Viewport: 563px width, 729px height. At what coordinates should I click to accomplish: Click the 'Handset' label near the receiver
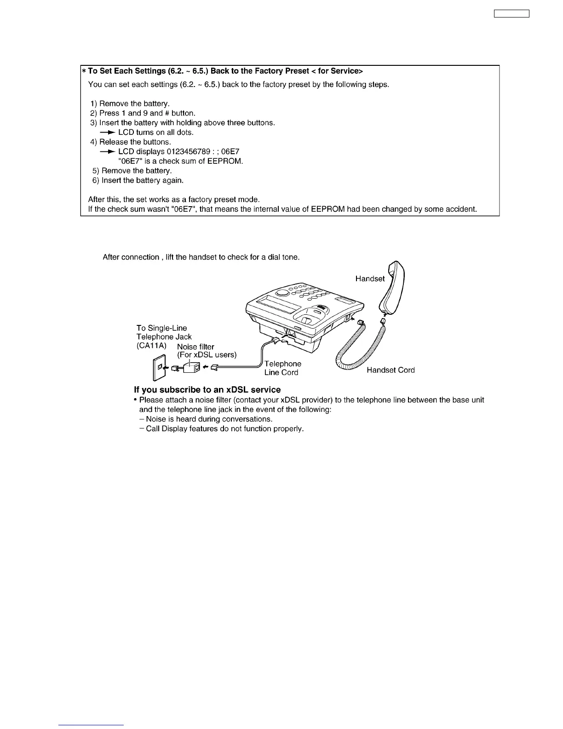pyautogui.click(x=370, y=278)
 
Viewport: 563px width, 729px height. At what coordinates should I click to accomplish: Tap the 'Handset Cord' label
pyautogui.click(x=391, y=370)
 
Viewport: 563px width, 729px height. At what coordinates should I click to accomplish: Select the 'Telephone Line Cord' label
pyautogui.click(x=282, y=368)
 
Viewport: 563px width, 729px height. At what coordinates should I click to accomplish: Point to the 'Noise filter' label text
pyautogui.click(x=195, y=347)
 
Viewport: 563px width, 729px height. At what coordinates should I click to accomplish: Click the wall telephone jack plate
pyautogui.click(x=158, y=368)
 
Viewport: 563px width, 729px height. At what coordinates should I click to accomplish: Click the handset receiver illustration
pyautogui.click(x=392, y=288)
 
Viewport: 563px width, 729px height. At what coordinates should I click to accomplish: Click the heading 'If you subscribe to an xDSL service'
pyautogui.click(x=207, y=390)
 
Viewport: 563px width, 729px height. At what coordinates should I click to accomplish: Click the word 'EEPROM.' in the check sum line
pyautogui.click(x=226, y=161)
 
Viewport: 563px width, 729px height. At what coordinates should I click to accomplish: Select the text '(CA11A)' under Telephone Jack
pyautogui.click(x=151, y=345)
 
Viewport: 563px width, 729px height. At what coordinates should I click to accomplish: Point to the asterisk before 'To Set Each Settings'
pyautogui.click(x=84, y=71)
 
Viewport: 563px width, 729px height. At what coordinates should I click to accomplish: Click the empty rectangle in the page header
pyautogui.click(x=511, y=13)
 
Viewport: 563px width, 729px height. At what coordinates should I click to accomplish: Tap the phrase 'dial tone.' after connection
pyautogui.click(x=284, y=257)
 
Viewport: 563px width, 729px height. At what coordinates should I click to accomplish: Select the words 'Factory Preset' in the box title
pyautogui.click(x=286, y=71)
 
